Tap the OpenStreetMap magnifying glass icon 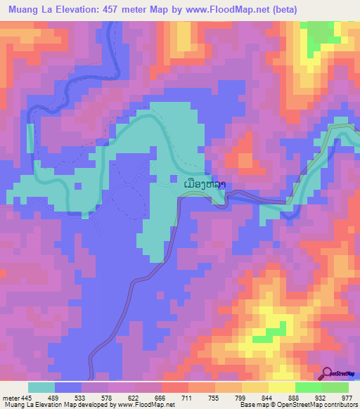327,372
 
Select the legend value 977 346,397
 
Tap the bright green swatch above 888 307,387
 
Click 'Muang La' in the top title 27,9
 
